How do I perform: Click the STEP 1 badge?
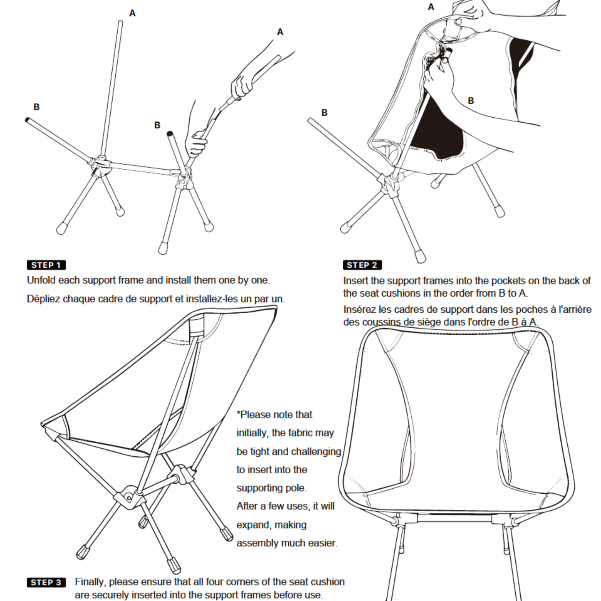click(46, 265)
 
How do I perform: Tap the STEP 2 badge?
click(362, 265)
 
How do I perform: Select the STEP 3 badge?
click(46, 582)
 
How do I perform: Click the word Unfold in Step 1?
click(41, 280)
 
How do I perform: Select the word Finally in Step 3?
click(90, 582)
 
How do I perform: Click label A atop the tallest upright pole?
click(132, 13)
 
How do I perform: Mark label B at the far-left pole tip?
click(36, 107)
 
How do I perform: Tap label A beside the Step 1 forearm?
click(280, 32)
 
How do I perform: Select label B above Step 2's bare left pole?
click(324, 113)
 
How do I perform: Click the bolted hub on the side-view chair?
click(128, 497)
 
